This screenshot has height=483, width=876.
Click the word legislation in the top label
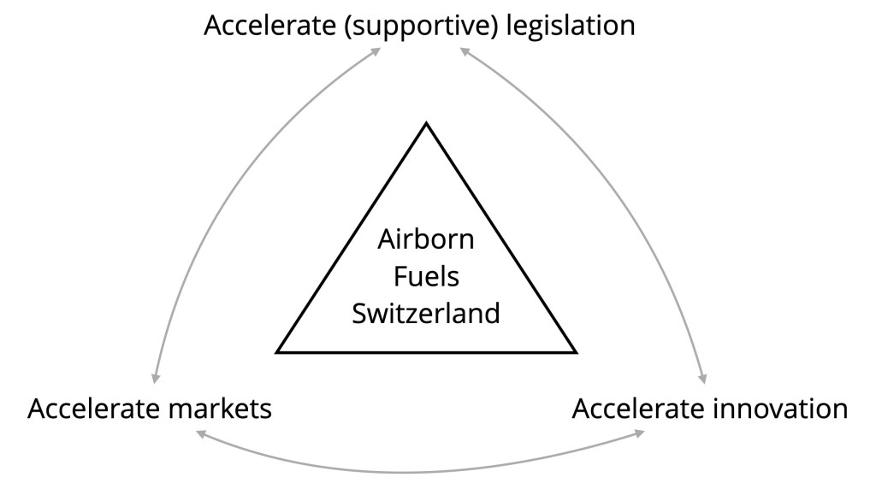click(x=570, y=25)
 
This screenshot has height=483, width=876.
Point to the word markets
click(x=219, y=409)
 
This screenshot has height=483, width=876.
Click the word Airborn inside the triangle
click(x=426, y=239)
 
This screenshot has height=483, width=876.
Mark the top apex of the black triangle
click(x=426, y=124)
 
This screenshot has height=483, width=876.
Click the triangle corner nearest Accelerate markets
click(x=278, y=351)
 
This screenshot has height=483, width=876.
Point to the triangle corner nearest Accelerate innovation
click(x=576, y=351)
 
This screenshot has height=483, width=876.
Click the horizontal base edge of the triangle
click(x=426, y=351)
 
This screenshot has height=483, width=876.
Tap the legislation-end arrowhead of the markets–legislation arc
click(x=378, y=50)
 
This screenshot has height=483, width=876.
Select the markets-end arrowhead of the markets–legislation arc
click(x=154, y=378)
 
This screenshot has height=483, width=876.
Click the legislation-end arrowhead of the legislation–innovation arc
click(x=464, y=50)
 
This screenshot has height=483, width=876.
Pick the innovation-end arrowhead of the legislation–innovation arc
click(x=703, y=378)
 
